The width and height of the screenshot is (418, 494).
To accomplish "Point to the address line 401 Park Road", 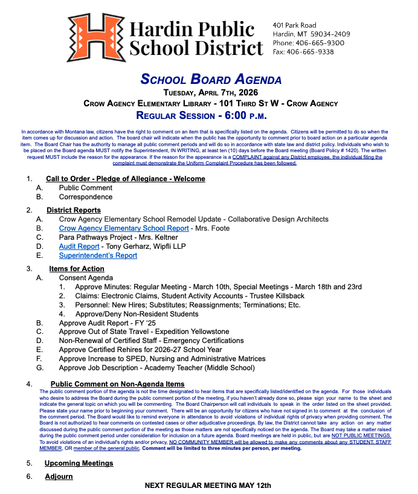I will (294, 25).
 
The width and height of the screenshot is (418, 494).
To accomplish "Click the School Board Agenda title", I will (211, 79).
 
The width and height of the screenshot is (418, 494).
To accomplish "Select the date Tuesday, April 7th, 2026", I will (211, 92).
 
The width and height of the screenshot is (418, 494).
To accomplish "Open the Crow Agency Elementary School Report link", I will (124, 229).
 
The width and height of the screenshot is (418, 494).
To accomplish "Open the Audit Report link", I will (79, 246).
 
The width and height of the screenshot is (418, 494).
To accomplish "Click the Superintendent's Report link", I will (98, 255).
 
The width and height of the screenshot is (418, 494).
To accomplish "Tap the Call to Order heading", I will (126, 179).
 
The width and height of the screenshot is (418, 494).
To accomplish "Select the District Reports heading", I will (74, 210).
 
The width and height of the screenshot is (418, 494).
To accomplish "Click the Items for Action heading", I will (77, 268).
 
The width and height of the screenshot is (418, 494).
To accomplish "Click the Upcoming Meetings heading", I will (79, 463).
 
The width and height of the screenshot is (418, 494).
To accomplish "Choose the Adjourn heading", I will (59, 476).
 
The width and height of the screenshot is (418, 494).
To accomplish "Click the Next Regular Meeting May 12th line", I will (208, 486).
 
